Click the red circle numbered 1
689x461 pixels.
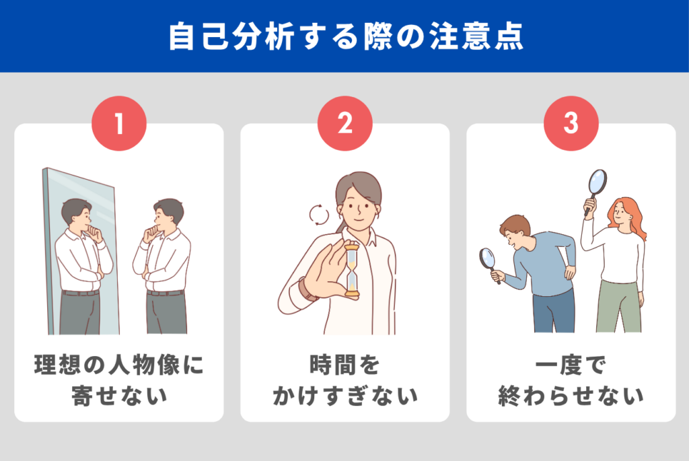click(118, 123)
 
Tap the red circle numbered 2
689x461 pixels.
click(345, 123)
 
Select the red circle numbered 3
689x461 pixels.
click(571, 123)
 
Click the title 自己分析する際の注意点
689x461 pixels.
click(345, 37)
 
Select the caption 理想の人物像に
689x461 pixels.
click(118, 365)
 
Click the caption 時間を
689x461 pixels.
click(345, 365)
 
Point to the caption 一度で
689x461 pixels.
click(571, 365)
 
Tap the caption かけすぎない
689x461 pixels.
click(345, 396)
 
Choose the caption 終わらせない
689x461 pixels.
click(571, 396)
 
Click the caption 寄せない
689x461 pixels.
click(118, 396)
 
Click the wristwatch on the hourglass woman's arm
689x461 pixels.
click(307, 290)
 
